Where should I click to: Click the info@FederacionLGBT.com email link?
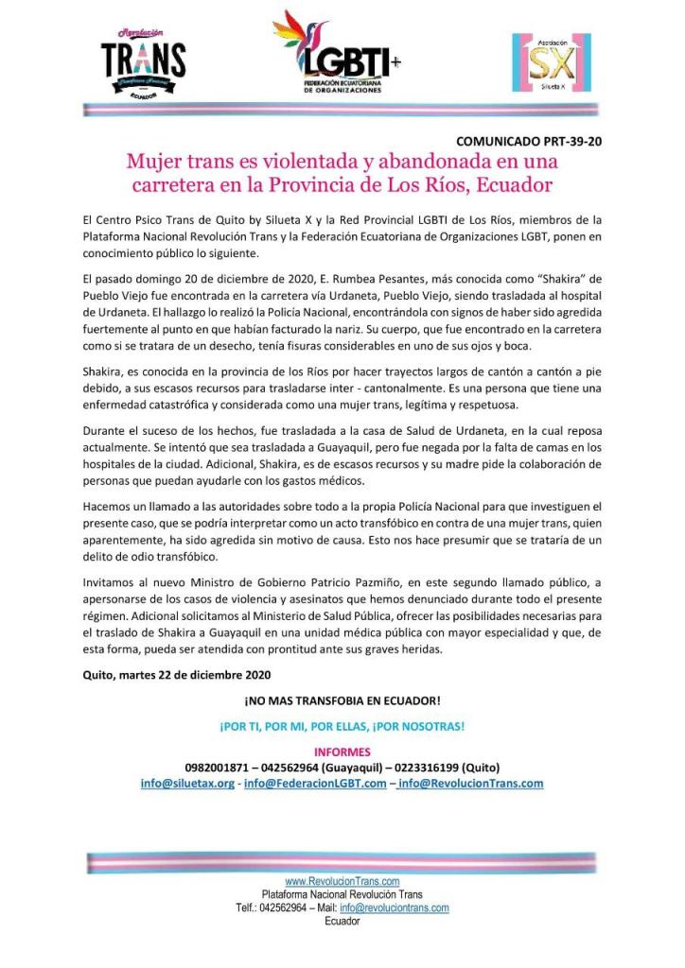(x=315, y=783)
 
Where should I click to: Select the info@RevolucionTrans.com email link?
(x=470, y=783)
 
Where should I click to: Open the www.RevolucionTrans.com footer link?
(x=342, y=881)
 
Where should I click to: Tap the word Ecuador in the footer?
(x=342, y=921)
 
